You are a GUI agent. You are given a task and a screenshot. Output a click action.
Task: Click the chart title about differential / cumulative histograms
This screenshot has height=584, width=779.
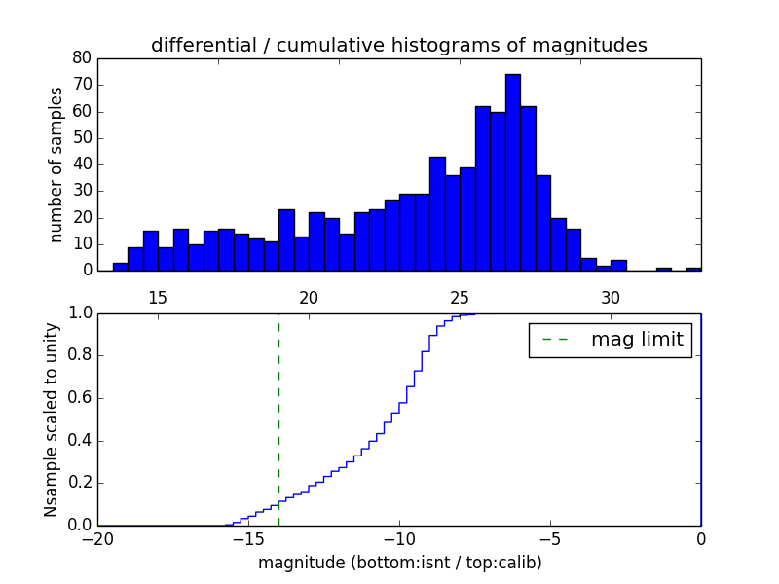[398, 45]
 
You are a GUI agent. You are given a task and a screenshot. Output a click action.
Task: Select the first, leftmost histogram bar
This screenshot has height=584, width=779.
[120, 266]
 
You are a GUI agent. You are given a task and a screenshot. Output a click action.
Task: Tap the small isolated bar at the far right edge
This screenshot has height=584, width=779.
[693, 269]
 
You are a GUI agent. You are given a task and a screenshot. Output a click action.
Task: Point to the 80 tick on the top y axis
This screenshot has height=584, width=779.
[83, 58]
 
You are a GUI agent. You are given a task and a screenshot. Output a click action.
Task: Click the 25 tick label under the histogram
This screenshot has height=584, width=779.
[460, 298]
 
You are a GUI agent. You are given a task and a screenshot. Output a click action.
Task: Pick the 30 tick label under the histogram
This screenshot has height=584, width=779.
[611, 298]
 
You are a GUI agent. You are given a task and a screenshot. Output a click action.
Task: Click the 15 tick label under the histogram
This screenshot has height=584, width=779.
[158, 298]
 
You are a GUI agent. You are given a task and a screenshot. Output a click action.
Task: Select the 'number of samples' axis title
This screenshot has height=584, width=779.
[56, 164]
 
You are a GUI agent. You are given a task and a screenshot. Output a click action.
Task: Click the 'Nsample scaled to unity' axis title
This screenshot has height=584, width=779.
[52, 420]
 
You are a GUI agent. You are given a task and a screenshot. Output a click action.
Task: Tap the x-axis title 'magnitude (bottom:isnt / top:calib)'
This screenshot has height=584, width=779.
[399, 563]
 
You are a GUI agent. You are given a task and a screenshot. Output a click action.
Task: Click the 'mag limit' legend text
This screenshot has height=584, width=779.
[637, 340]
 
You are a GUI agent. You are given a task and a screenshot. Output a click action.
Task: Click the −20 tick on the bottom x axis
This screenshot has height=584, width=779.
[97, 538]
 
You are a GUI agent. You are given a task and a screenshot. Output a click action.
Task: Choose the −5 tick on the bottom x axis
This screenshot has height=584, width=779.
[550, 538]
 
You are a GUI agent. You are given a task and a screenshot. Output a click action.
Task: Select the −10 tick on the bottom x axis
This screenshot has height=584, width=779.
[399, 538]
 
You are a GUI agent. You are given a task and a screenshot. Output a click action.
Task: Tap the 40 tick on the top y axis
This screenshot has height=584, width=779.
[83, 164]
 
